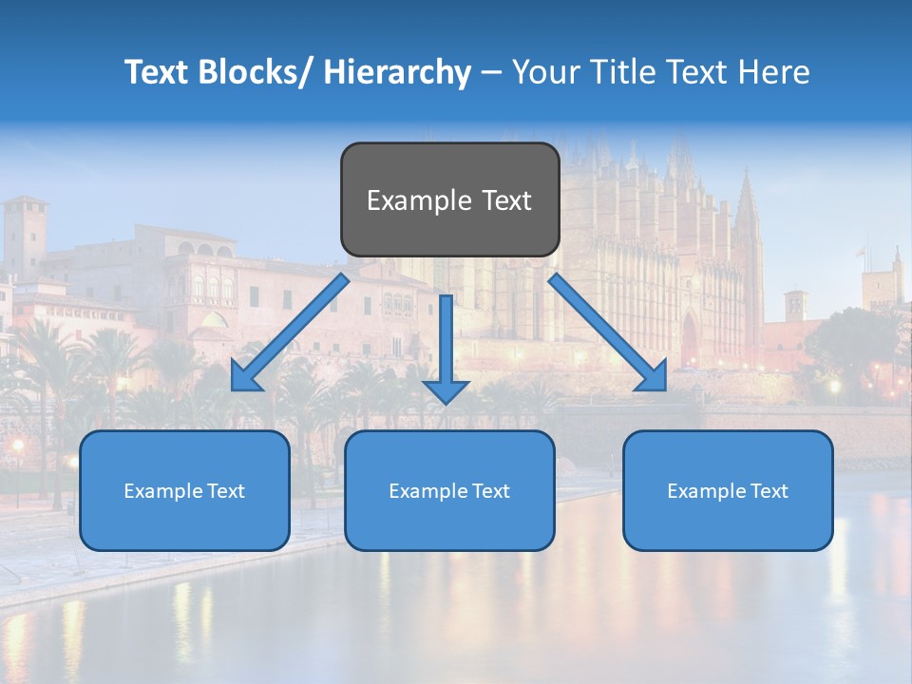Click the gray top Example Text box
(449, 199)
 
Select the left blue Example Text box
(184, 490)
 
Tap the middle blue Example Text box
(449, 490)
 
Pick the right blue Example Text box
(728, 490)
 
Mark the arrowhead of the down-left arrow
(244, 376)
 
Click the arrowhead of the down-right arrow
(653, 376)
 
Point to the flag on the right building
(861, 253)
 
